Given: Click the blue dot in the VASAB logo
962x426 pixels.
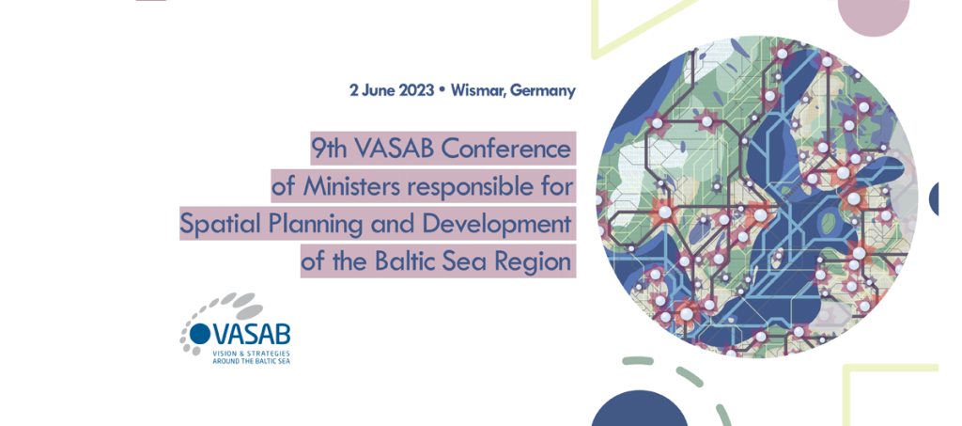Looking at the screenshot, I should point(199,333).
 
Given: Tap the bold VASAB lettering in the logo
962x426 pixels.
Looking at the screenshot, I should point(251,334).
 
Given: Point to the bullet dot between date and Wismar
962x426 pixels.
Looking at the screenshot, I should point(442,90).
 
